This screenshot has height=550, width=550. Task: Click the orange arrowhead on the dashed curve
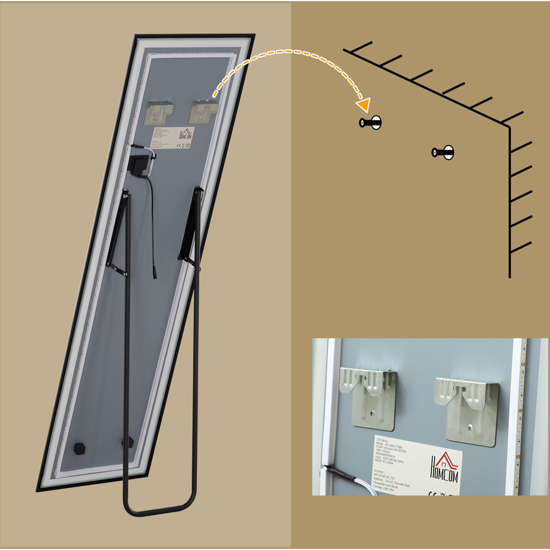[x=364, y=105]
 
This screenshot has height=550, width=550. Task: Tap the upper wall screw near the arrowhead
[x=371, y=123]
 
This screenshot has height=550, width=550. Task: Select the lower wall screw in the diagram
[x=443, y=152]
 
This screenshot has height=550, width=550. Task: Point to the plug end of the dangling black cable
[x=155, y=273]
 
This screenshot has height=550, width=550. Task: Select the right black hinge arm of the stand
[x=190, y=226]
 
